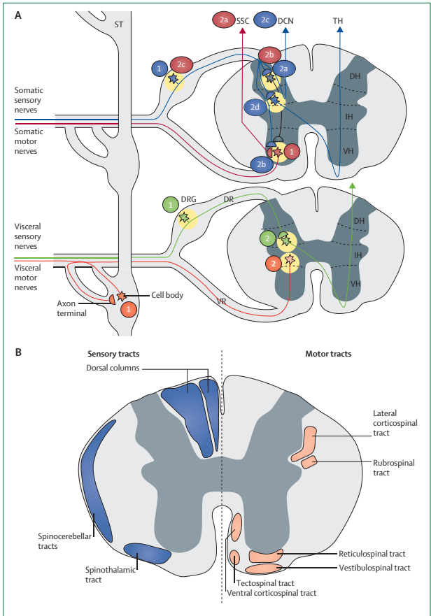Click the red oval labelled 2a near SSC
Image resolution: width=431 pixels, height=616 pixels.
[224, 21]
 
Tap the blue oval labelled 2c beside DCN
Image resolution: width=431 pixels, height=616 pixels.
[264, 21]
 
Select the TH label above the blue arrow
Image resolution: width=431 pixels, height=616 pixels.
[339, 22]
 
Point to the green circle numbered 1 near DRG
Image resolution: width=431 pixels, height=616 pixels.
[170, 204]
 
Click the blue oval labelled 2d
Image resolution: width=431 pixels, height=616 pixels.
[255, 108]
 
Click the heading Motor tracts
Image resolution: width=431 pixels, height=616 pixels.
[328, 354]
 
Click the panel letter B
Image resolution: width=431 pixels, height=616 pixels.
[19, 352]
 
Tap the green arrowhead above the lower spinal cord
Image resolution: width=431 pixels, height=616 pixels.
[352, 185]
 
